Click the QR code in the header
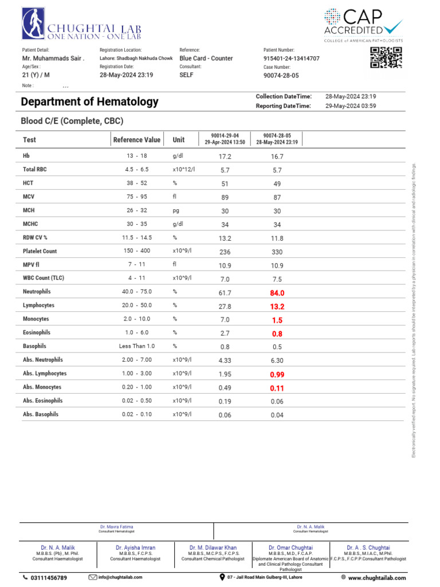pyautogui.click(x=386, y=58)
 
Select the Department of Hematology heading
pyautogui.click(x=89, y=102)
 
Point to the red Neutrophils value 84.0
pyautogui.click(x=277, y=293)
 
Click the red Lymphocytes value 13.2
pyautogui.click(x=277, y=307)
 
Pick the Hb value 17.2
pyautogui.click(x=225, y=156)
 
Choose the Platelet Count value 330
pyautogui.click(x=277, y=252)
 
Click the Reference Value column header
pyautogui.click(x=137, y=140)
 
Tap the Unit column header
pyautogui.click(x=179, y=140)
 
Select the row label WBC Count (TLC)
pyautogui.click(x=44, y=279)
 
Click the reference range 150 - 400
pyautogui.click(x=137, y=251)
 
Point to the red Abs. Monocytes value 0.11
pyautogui.click(x=277, y=388)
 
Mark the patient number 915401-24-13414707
pyautogui.click(x=291, y=58)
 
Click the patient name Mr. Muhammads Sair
pyautogui.click(x=53, y=58)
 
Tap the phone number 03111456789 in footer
pyautogui.click(x=48, y=578)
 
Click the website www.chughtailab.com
pyautogui.click(x=376, y=578)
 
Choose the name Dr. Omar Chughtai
pyautogui.click(x=290, y=548)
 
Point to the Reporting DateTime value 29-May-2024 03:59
pyautogui.click(x=351, y=106)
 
